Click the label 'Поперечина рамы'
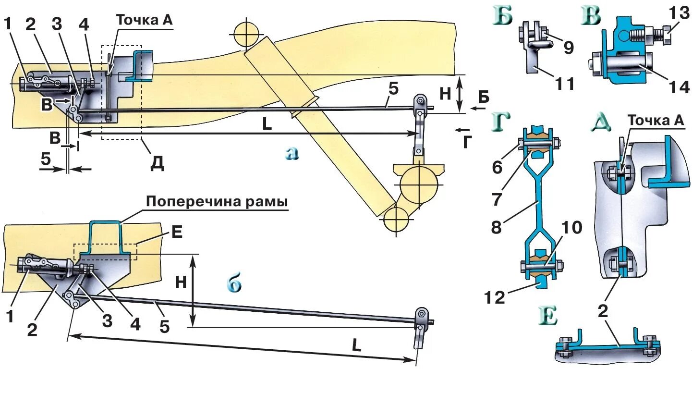[x=217, y=201]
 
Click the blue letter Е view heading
[x=547, y=317]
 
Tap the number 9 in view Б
[x=569, y=47]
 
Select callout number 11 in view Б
[x=565, y=84]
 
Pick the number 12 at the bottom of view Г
[x=495, y=297]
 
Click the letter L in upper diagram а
[x=267, y=124]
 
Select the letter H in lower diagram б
[x=181, y=282]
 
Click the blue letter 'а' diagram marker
[x=291, y=153]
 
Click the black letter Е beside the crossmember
[x=177, y=233]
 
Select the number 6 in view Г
[x=497, y=167]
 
